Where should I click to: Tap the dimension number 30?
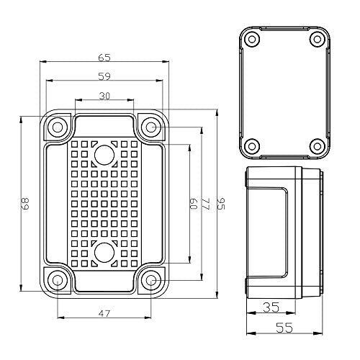point(104,96)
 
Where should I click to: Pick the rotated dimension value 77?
point(204,204)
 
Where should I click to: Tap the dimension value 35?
point(271,307)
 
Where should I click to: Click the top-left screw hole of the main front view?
point(58,127)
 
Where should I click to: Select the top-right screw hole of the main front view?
point(150,127)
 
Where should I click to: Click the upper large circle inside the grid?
point(104,153)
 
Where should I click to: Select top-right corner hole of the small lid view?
point(315,39)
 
